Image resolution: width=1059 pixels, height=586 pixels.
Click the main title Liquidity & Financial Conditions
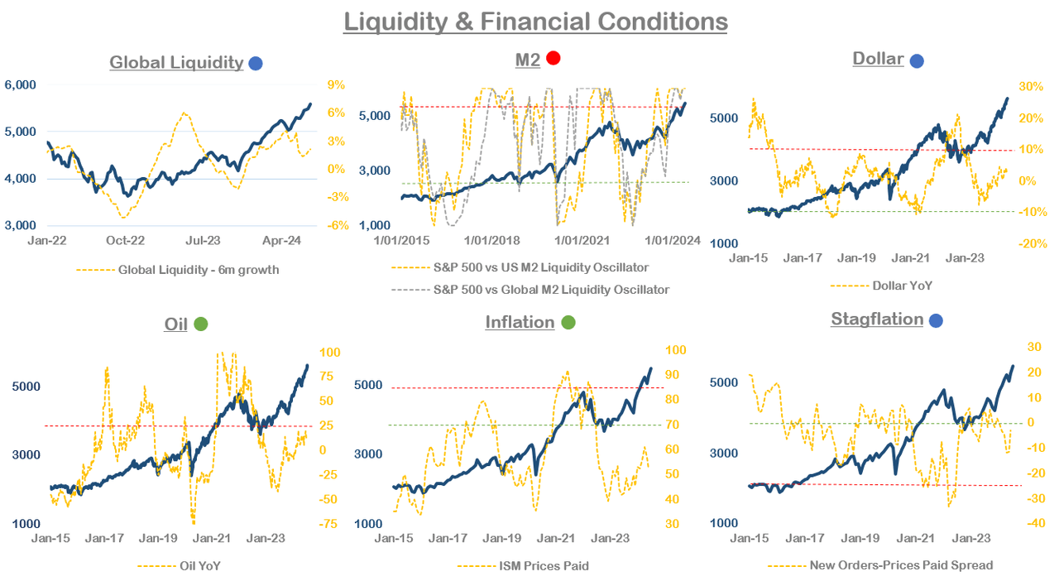click(535, 21)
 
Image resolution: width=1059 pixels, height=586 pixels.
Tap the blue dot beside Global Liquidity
click(256, 63)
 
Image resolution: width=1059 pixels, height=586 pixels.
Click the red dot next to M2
click(553, 58)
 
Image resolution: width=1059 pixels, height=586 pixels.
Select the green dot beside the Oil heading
click(200, 324)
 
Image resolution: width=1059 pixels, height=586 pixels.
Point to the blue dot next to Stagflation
click(936, 320)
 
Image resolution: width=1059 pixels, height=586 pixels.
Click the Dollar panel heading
click(878, 59)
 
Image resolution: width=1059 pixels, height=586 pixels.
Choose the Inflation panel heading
click(520, 322)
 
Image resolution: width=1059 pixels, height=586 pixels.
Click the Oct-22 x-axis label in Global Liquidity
click(126, 241)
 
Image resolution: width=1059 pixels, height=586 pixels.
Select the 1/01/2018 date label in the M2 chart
click(491, 241)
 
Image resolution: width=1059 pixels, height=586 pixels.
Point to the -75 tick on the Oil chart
click(328, 524)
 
